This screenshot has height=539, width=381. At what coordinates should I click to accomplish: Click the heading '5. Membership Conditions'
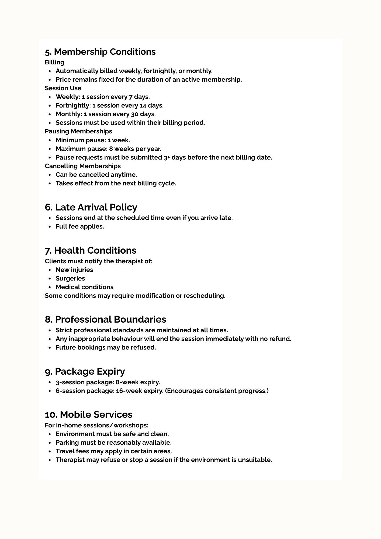coord(100,52)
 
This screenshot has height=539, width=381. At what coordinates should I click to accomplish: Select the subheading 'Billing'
coord(54,62)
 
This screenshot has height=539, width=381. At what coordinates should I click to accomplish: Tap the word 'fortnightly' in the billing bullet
coord(160,71)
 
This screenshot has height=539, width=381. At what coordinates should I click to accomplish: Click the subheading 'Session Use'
coord(63,88)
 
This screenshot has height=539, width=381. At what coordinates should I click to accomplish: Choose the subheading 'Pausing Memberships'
coord(78,131)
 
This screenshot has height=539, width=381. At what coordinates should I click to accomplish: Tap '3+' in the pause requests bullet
coord(167,157)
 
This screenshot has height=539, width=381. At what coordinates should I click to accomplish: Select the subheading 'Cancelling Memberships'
coord(83,166)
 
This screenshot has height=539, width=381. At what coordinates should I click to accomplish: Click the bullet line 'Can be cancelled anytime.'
coord(96,175)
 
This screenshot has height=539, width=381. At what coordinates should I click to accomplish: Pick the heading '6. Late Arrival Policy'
coord(91,207)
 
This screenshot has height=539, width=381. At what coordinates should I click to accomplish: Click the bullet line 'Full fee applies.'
coord(80,226)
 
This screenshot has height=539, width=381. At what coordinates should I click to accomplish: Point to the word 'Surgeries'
coord(70,278)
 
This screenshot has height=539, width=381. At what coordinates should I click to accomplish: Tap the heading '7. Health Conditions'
coord(91,250)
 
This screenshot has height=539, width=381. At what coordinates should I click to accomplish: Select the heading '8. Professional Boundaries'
coord(105,319)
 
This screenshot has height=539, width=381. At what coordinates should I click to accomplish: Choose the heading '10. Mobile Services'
coord(88,414)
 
